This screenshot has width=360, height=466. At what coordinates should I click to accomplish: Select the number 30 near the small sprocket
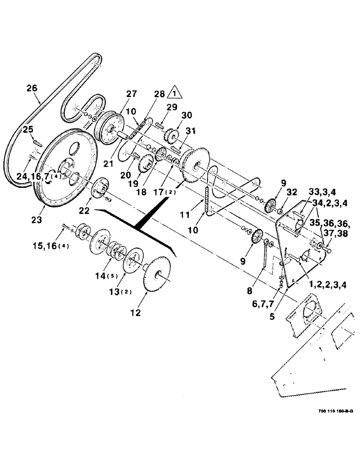[173, 116]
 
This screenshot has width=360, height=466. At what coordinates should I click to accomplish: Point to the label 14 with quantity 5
[107, 276]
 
